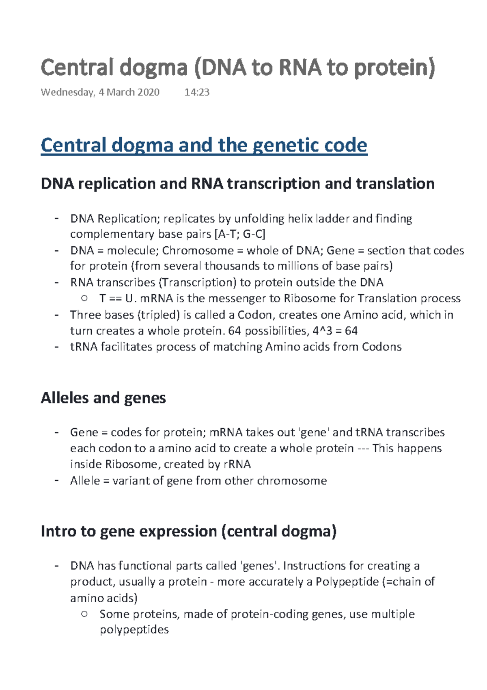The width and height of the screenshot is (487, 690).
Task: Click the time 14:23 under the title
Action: (x=197, y=92)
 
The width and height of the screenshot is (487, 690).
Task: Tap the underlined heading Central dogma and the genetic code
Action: (x=204, y=145)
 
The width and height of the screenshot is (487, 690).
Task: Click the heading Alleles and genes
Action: (x=103, y=398)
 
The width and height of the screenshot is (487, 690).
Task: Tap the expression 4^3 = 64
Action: (x=335, y=331)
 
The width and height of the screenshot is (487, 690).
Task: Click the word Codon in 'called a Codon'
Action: (x=254, y=315)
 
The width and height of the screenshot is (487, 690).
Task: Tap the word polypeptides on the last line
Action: (x=134, y=629)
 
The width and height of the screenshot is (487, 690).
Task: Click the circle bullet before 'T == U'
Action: (x=84, y=298)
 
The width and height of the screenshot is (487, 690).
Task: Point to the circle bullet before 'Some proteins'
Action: (x=84, y=614)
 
